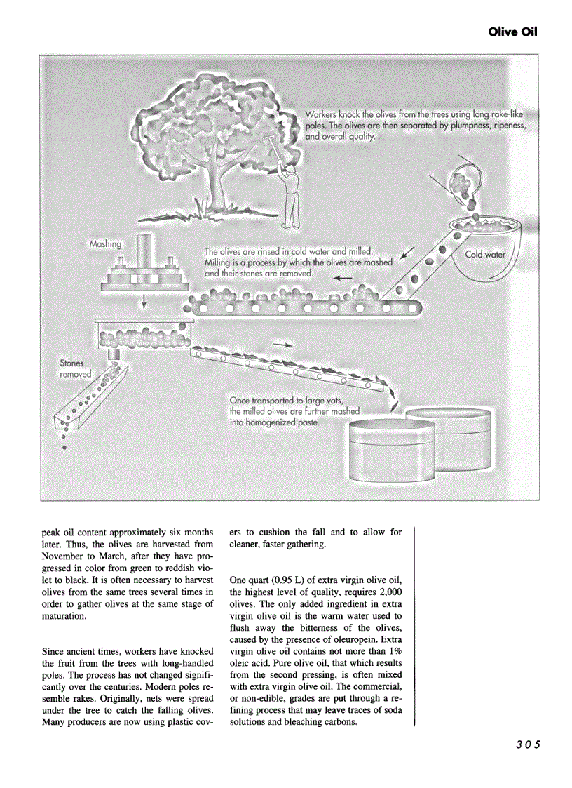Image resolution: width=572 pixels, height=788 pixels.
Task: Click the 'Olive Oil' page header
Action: [513, 33]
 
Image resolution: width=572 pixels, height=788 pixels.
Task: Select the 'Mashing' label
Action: [105, 244]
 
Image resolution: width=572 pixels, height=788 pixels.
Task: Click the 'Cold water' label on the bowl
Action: [485, 254]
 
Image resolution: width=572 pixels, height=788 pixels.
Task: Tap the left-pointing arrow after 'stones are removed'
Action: [342, 278]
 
